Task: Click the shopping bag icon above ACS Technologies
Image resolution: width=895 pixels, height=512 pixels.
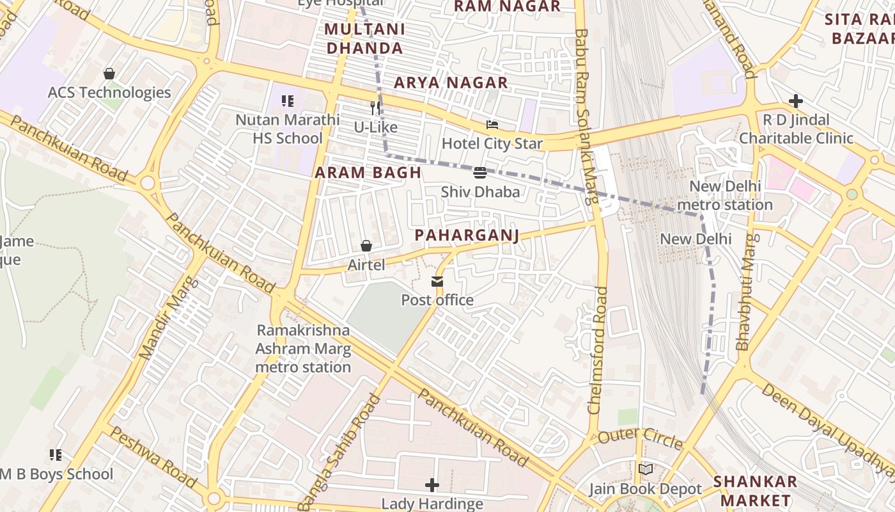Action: pyautogui.click(x=109, y=74)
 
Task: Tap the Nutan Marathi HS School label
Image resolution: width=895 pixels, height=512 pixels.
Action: pyautogui.click(x=288, y=129)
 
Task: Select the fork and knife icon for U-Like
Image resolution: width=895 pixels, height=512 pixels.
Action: pyautogui.click(x=376, y=108)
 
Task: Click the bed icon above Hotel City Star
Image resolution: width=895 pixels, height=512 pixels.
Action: pyautogui.click(x=492, y=125)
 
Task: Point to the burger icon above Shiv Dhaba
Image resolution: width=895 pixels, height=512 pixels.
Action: pyautogui.click(x=480, y=172)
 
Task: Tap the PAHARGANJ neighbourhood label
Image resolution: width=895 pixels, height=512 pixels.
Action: pyautogui.click(x=467, y=236)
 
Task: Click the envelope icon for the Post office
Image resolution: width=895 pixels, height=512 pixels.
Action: pyautogui.click(x=437, y=281)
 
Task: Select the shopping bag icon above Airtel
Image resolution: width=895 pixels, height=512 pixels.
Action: pyautogui.click(x=366, y=246)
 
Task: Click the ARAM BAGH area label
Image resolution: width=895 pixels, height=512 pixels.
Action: pyautogui.click(x=368, y=172)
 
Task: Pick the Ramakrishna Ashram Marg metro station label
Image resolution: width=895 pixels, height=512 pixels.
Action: pyautogui.click(x=303, y=349)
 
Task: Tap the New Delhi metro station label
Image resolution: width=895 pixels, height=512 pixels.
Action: pyautogui.click(x=725, y=196)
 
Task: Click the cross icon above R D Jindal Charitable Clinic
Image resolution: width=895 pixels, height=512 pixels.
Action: pyautogui.click(x=796, y=101)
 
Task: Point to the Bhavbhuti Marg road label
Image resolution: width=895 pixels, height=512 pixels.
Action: pyautogui.click(x=746, y=292)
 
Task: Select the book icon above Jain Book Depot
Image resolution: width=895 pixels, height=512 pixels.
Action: pyautogui.click(x=646, y=470)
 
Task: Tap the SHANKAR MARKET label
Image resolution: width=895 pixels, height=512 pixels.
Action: pyautogui.click(x=755, y=490)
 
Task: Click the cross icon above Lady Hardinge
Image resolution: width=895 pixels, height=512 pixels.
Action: pyautogui.click(x=433, y=484)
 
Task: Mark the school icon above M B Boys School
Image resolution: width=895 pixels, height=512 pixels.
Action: pyautogui.click(x=56, y=455)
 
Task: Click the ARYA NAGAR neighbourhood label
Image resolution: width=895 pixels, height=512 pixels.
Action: pyautogui.click(x=451, y=83)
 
